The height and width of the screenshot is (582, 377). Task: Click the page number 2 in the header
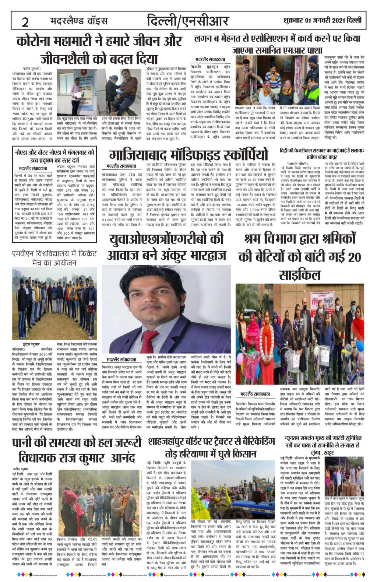(25, 22)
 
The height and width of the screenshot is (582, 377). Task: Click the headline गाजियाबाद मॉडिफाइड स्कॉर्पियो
(188, 155)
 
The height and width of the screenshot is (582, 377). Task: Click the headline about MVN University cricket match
(49, 258)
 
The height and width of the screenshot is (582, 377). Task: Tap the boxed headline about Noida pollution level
(54, 157)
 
